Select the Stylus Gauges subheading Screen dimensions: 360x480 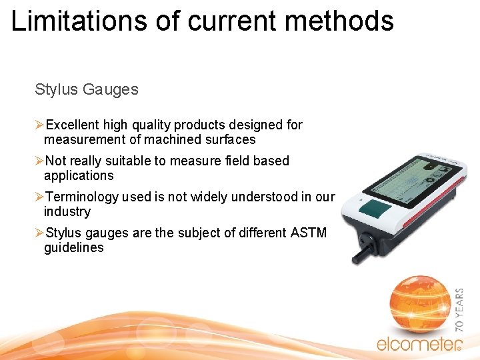[x=87, y=89]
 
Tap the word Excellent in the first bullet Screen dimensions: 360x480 [x=73, y=125]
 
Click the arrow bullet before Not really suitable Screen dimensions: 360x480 [x=39, y=161]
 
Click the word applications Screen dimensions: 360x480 [x=79, y=175]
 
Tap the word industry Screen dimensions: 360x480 [x=67, y=211]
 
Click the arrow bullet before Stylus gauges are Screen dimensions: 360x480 [x=39, y=233]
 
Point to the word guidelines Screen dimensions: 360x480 [x=73, y=247]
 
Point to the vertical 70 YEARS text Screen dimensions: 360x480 [x=459, y=309]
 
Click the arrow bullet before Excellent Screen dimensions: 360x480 [x=39, y=125]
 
